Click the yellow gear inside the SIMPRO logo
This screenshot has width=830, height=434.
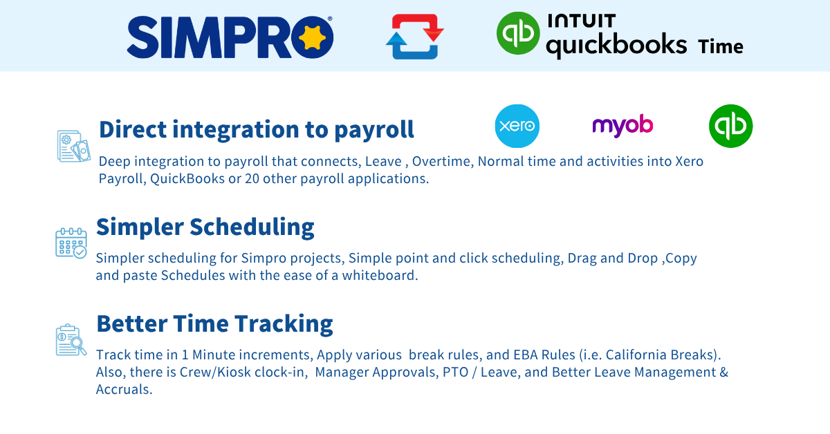tap(312, 37)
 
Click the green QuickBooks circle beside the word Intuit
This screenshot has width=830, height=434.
tap(518, 33)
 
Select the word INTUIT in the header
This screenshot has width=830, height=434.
tap(582, 21)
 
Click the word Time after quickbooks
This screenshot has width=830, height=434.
tap(721, 46)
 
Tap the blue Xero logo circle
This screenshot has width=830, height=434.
tap(517, 126)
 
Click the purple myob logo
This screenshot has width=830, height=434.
tap(622, 126)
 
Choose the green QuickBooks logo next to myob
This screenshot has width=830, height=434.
tap(730, 126)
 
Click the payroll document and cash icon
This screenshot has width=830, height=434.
tap(74, 146)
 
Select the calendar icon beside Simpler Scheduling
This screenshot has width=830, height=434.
tap(71, 243)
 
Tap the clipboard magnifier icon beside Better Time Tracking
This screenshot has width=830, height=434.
tap(71, 340)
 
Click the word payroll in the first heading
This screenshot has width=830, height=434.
tap(374, 130)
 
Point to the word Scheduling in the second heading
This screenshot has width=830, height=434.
tap(252, 227)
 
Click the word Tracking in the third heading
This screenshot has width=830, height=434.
tap(284, 324)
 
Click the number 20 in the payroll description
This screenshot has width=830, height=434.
tap(252, 179)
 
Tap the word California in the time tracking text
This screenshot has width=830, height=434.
tap(636, 355)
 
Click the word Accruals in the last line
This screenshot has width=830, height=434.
tap(124, 390)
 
